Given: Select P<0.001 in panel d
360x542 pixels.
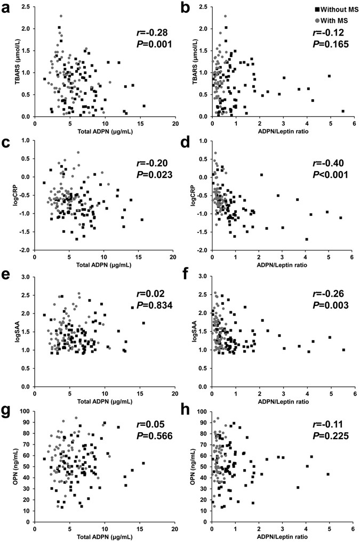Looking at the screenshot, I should click(x=330, y=174).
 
